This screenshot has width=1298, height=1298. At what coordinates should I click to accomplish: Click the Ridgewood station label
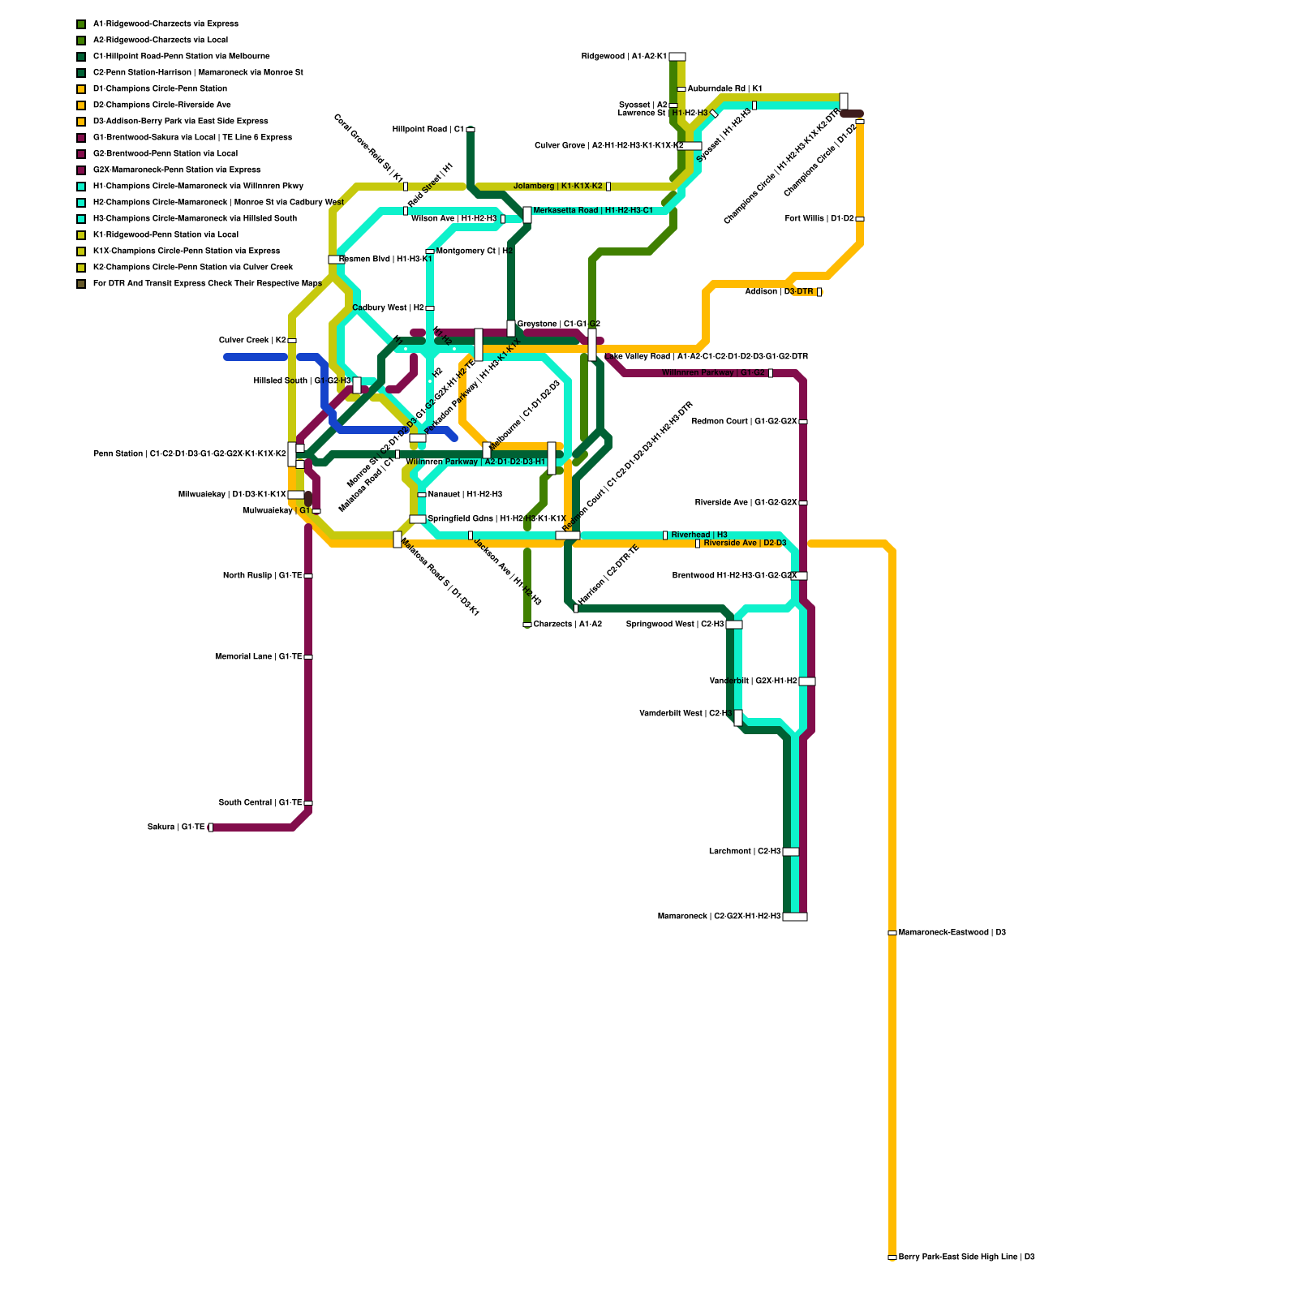coord(624,57)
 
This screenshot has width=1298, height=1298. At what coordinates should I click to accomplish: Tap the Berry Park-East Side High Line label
coord(966,1257)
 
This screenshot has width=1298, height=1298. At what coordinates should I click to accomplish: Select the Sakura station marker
coord(211,827)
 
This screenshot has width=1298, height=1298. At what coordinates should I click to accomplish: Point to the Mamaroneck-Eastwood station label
coord(952,933)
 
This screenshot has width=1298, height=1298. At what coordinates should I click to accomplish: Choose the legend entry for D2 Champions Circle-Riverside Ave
coord(161,105)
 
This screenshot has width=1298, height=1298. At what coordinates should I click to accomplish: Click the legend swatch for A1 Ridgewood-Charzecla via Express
coord(81,24)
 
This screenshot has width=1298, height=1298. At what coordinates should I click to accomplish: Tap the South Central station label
coord(260,803)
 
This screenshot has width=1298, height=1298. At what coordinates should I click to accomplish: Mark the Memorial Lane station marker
coord(308,657)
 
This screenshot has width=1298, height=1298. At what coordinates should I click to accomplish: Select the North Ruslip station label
coord(262,576)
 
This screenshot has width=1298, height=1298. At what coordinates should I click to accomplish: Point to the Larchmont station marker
coord(790,852)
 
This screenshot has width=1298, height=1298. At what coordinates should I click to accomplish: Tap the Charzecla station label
coord(568,625)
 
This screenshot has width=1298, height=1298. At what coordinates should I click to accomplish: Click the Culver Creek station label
coord(252,341)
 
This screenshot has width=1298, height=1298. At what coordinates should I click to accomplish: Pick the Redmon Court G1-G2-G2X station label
coord(744,422)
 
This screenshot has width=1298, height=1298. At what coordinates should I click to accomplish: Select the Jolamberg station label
coord(558,187)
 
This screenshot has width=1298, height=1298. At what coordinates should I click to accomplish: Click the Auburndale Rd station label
coord(724,89)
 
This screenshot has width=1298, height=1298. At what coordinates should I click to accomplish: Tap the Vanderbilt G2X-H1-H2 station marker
coord(806,681)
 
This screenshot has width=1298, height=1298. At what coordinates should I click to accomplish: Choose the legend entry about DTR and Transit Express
coord(207,284)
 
